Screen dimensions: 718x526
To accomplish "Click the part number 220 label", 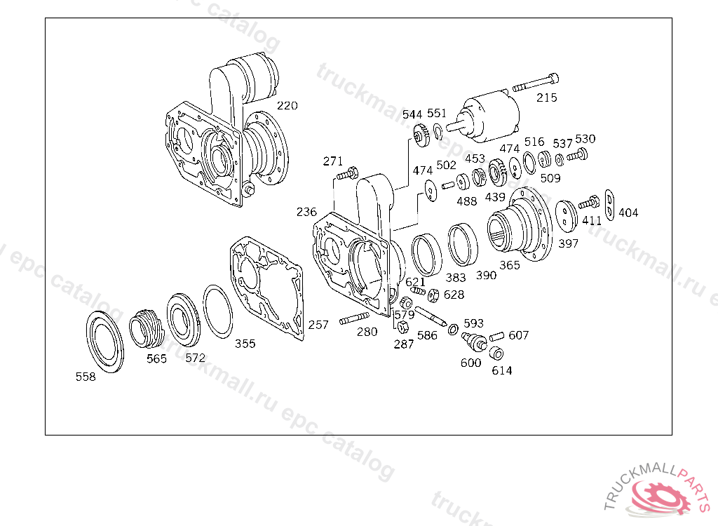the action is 287,106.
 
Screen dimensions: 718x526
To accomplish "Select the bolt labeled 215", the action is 536,83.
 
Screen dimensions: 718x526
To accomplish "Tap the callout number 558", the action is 86,377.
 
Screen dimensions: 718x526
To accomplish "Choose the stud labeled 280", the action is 354,318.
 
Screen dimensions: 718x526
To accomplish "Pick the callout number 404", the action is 628,213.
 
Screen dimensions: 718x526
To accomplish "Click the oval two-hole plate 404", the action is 609,205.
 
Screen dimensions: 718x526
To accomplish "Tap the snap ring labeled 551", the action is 438,132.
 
